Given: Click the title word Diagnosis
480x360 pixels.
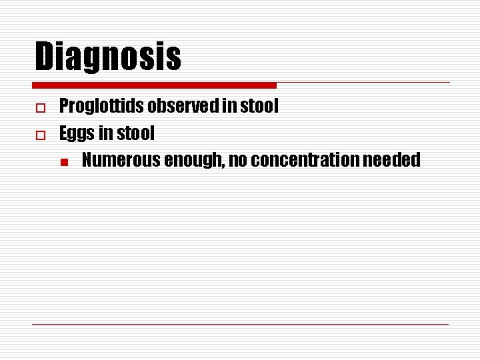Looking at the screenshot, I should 108,56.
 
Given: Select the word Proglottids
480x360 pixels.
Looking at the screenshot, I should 102,107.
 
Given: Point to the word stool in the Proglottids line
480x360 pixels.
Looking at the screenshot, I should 258,107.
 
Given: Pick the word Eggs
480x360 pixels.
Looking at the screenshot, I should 77,134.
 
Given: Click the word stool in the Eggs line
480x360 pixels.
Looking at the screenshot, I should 135,134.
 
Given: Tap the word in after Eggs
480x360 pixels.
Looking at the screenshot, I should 105,134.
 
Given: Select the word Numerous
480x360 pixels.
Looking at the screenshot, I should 121,161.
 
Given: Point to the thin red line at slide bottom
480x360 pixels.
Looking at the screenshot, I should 240,324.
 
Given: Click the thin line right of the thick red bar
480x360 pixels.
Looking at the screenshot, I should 363,83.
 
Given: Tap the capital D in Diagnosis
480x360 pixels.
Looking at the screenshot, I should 45,56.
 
